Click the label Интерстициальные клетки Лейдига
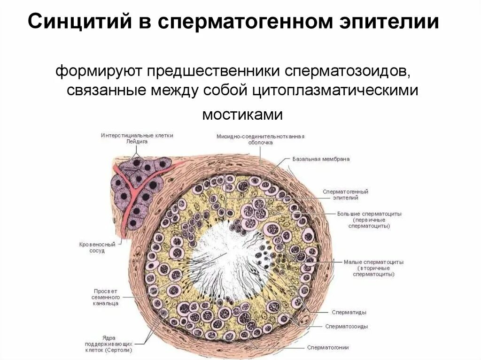click(x=137, y=138)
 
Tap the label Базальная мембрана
click(x=321, y=159)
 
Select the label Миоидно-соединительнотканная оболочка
click(x=261, y=139)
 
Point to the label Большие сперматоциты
click(x=369, y=219)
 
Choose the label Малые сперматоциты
click(x=373, y=268)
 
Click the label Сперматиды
click(x=349, y=312)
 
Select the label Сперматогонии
click(x=328, y=348)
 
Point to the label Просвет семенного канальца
click(x=105, y=297)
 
